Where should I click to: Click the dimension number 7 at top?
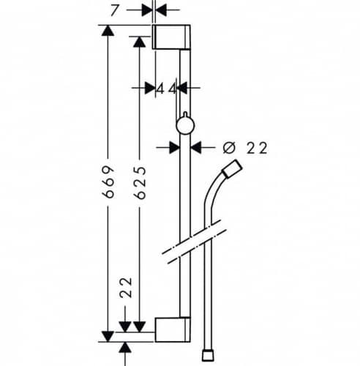click(x=114, y=11)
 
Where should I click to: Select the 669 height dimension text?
click(x=108, y=182)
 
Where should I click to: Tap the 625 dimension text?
click(x=140, y=183)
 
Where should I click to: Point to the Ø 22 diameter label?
click(x=245, y=148)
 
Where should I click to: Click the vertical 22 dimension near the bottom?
click(x=126, y=288)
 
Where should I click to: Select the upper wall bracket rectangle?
click(x=171, y=37)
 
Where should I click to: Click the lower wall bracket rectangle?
click(x=173, y=329)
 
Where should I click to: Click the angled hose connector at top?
click(x=233, y=168)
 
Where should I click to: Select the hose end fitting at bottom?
click(x=208, y=356)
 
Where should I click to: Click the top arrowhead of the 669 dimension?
click(x=108, y=31)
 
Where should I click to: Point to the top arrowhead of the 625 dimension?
click(x=140, y=42)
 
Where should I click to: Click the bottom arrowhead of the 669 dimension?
click(x=108, y=337)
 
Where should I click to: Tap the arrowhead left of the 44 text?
click(x=150, y=88)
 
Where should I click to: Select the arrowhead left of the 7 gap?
click(x=147, y=10)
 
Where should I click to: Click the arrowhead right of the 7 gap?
click(x=161, y=10)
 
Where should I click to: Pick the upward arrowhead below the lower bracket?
click(x=125, y=348)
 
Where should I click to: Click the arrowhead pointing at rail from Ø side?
click(x=196, y=148)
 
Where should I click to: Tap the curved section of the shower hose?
click(x=214, y=193)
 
